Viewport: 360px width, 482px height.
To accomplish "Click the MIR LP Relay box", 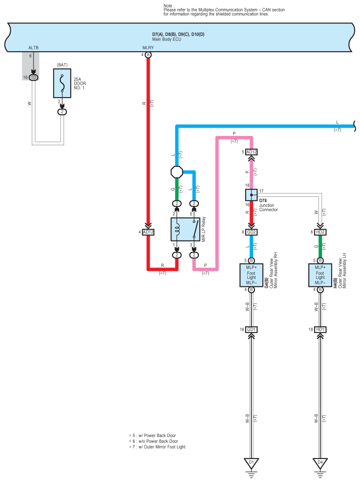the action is [186, 230].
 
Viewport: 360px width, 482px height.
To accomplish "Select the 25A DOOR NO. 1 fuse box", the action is [62, 83].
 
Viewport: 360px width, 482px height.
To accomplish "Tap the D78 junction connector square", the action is [251, 195].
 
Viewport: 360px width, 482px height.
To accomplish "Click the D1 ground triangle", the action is [251, 463].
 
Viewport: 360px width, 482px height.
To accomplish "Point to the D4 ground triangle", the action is [320, 463].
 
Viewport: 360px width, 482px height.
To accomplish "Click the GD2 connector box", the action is [251, 232].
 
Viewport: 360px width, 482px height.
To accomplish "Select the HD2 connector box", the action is [320, 232].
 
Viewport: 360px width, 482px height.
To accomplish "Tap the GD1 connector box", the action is [251, 330].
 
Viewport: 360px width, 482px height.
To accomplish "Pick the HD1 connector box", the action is [320, 330].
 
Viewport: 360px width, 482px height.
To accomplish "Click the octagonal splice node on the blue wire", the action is [177, 172].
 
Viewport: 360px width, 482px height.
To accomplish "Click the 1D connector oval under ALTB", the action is [33, 78].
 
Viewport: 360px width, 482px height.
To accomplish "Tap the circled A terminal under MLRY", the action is [148, 55].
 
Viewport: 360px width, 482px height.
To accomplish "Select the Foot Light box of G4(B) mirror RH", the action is [251, 275].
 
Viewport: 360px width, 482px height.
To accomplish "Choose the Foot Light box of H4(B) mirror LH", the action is [320, 275].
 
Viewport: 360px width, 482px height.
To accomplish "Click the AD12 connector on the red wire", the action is [148, 232].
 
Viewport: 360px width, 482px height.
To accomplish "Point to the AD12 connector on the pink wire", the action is [251, 152].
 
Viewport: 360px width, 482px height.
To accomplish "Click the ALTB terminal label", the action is [34, 48].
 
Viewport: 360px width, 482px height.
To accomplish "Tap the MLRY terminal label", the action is [148, 48].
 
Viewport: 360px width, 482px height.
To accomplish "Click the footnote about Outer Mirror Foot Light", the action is [157, 447].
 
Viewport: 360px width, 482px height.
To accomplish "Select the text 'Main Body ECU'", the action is [167, 39].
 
